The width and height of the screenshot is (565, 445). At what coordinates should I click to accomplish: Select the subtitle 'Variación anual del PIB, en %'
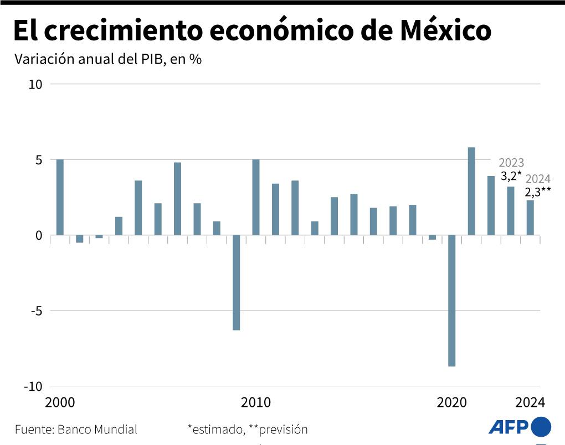pyautogui.click(x=107, y=60)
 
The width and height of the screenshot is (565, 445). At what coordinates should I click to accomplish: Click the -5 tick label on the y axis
pyautogui.click(x=35, y=311)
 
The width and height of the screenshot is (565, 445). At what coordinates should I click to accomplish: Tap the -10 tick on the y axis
pyautogui.click(x=32, y=386)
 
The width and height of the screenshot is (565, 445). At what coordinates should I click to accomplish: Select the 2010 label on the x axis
pyautogui.click(x=256, y=402)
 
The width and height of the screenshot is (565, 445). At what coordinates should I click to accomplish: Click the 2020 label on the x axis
pyautogui.click(x=451, y=402)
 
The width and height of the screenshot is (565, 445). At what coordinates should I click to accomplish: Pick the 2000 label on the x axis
pyautogui.click(x=60, y=402)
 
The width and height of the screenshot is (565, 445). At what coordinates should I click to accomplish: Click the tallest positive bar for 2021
pyautogui.click(x=471, y=191)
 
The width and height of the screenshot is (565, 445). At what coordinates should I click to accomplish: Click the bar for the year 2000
pyautogui.click(x=60, y=197)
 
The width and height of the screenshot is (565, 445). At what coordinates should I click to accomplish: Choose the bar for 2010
pyautogui.click(x=256, y=197)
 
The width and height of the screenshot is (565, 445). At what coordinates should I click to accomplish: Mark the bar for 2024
pyautogui.click(x=530, y=218)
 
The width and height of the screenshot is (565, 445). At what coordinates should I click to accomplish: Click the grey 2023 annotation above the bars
pyautogui.click(x=511, y=163)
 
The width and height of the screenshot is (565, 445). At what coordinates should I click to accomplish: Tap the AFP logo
pyautogui.click(x=520, y=427)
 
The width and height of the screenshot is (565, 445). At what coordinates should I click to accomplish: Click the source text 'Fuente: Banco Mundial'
pyautogui.click(x=76, y=430)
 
